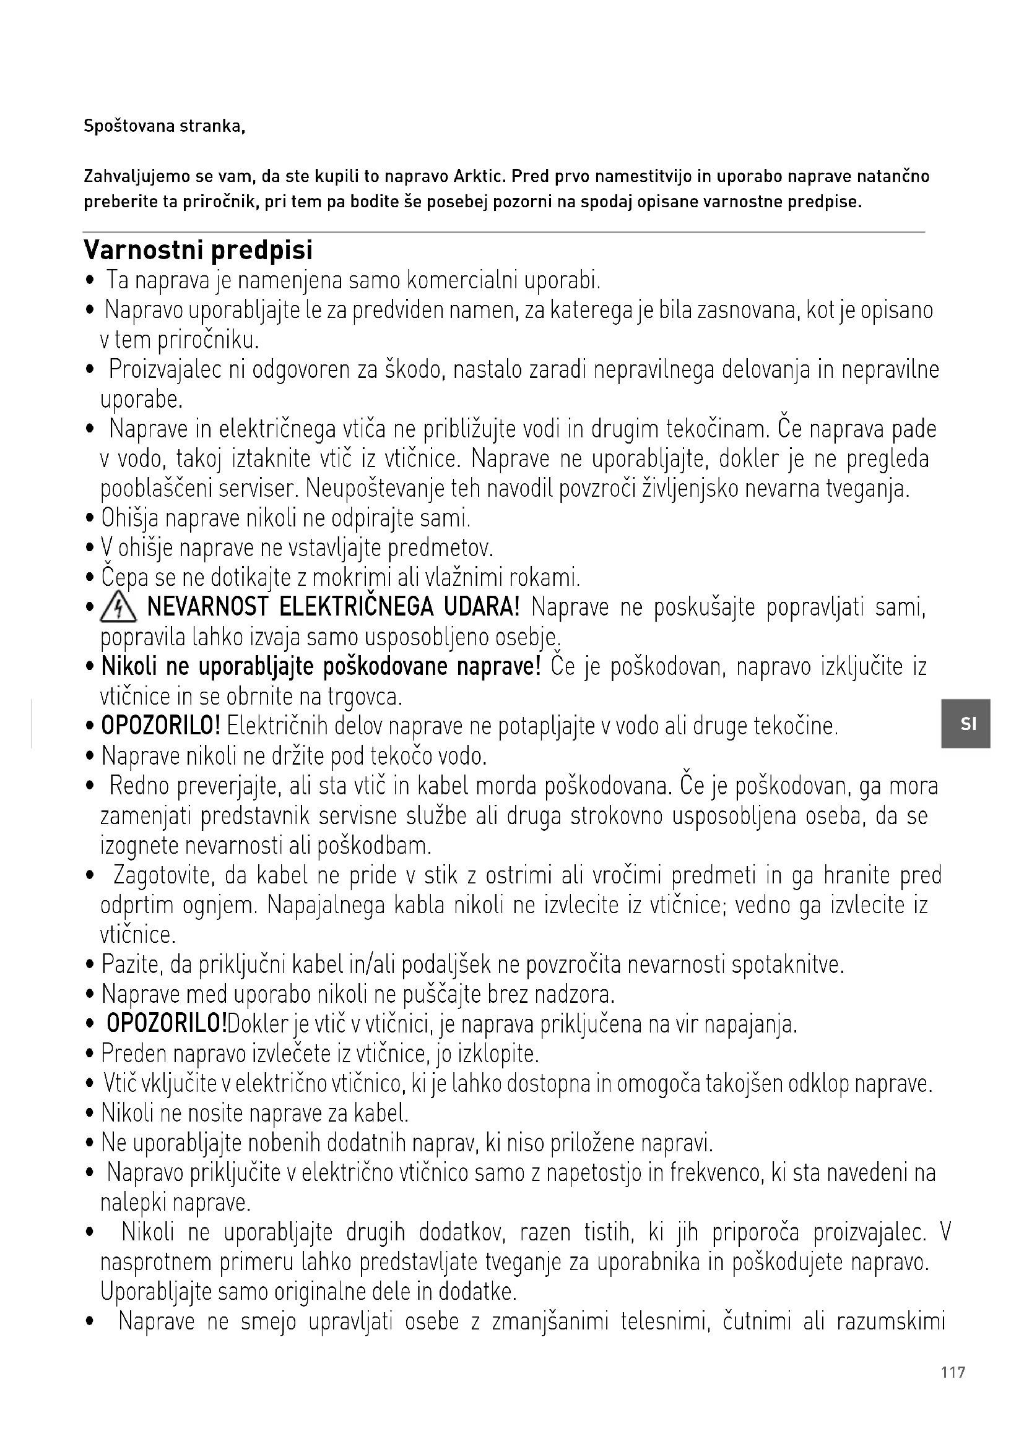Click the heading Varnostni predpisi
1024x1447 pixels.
(198, 250)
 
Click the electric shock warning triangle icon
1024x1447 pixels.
(118, 609)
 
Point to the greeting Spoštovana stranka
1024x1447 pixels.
(164, 127)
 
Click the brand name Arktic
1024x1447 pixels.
(480, 176)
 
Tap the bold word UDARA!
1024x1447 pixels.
(482, 608)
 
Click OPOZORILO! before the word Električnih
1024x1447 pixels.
(161, 726)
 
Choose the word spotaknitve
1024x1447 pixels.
(788, 965)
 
